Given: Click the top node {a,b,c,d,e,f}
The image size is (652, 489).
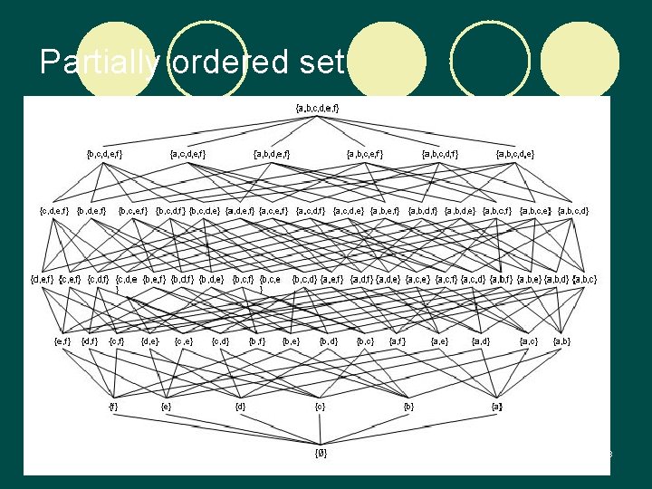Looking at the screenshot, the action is [317, 109].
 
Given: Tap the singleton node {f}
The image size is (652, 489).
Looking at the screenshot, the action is [113, 407].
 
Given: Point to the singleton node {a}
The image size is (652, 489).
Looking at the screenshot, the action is [496, 407].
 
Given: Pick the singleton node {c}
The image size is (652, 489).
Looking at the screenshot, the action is [320, 407].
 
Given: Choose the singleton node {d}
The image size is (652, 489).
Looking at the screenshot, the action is [240, 407].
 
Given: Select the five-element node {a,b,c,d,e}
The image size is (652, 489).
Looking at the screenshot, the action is [515, 154].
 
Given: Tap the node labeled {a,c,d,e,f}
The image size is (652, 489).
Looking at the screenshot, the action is [187, 154].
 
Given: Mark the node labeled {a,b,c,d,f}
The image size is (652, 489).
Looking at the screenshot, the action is [440, 154].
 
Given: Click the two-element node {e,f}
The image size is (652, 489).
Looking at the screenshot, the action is [63, 341].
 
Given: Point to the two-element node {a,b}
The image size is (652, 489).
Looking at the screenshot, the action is [561, 341].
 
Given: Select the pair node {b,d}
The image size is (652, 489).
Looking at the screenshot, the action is [329, 341].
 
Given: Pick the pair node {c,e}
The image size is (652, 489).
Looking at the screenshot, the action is [184, 341].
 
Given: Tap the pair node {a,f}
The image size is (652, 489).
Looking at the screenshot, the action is [398, 341].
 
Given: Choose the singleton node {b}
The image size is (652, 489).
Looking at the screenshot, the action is [409, 407].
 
